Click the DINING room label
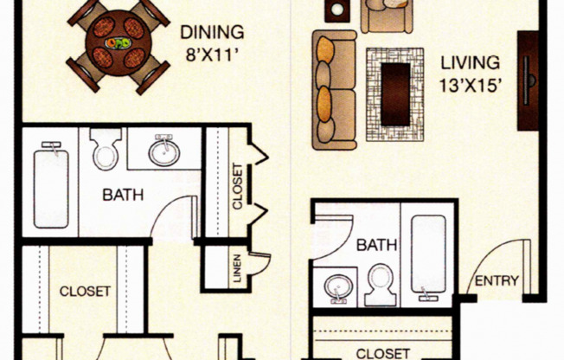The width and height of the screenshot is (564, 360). coord(212,32)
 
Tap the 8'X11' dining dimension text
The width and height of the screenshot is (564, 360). coord(212,55)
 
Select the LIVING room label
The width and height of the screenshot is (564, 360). coord(470,62)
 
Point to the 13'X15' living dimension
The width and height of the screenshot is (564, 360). coord(470,86)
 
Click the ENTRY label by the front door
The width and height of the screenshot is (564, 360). coord(497,280)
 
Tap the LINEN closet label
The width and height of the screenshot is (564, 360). coord(237,268)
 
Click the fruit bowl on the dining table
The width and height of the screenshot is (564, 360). coord(119,43)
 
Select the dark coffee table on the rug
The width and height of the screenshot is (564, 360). coord(395,94)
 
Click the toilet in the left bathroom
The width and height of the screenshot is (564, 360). coord(106,149)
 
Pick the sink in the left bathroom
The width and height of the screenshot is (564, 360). coord(164,151)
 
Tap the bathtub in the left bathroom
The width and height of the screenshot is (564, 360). coord(51,186)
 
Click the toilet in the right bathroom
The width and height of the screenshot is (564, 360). coord(381,285)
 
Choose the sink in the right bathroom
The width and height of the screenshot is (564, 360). coord(338,288)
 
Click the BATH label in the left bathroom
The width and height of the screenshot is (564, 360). coord(123,195)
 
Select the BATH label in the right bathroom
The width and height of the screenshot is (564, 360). coord(376,246)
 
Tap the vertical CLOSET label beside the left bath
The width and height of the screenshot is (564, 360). coord(237,186)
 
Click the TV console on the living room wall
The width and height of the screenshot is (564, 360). coord(528,80)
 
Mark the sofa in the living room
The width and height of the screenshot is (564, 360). coord(334,90)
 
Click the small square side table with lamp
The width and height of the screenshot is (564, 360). coord(337,10)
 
